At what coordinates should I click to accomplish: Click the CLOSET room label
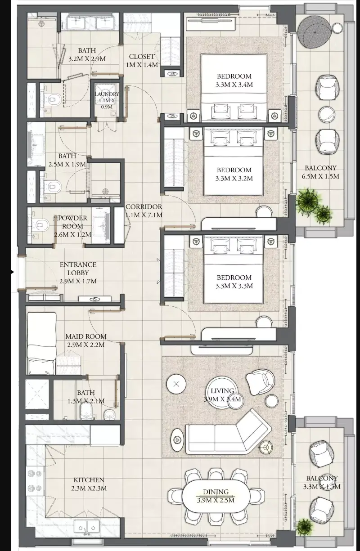click(x=142, y=57)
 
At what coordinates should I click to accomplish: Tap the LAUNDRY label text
click(x=107, y=94)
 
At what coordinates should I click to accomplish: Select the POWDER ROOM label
click(x=72, y=222)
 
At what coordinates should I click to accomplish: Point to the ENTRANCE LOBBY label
click(x=78, y=269)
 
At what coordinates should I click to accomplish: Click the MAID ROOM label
click(x=86, y=336)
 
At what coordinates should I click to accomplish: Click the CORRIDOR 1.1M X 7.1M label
click(x=144, y=211)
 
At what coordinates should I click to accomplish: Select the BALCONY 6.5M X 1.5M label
click(x=320, y=172)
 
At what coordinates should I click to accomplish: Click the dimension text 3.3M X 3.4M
click(x=234, y=85)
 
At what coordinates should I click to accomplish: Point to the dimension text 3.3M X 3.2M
click(x=234, y=178)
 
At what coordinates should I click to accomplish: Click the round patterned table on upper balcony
click(x=314, y=32)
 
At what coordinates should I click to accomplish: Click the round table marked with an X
click(x=176, y=384)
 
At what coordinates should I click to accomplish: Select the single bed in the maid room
click(x=41, y=343)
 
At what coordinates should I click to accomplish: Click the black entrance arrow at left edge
click(x=12, y=272)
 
